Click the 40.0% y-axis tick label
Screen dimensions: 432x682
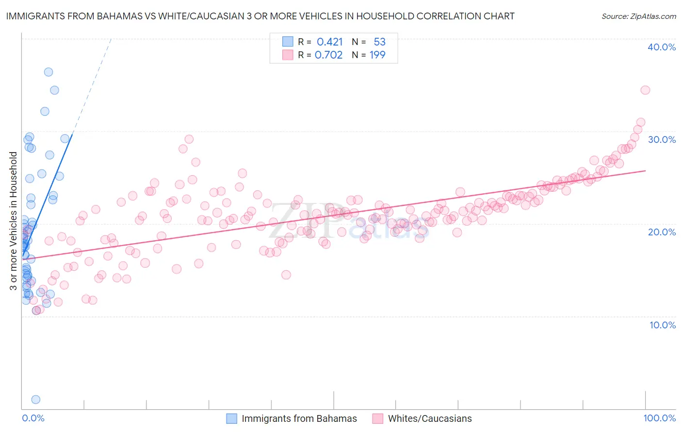coord(662,47)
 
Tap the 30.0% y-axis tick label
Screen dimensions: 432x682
coord(662,139)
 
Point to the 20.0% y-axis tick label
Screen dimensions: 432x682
coord(662,232)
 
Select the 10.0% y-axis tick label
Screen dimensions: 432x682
coord(663,325)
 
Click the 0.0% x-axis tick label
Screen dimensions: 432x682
coord(33,418)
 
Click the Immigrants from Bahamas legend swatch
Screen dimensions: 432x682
coord(232,418)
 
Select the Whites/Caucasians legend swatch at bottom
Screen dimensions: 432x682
coord(378,418)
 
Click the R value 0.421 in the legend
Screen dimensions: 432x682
coord(330,42)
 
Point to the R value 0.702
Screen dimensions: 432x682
coord(329,55)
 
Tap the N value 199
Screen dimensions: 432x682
coord(377,55)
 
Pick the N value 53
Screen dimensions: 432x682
coord(379,42)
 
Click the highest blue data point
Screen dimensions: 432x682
coord(49,72)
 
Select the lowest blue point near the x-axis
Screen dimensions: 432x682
coord(35,400)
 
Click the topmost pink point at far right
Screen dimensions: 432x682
coord(645,90)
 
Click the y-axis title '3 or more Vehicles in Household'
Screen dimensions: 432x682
coord(14,221)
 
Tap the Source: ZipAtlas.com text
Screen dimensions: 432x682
coord(638,16)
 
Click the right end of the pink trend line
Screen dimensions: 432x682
coord(645,170)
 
